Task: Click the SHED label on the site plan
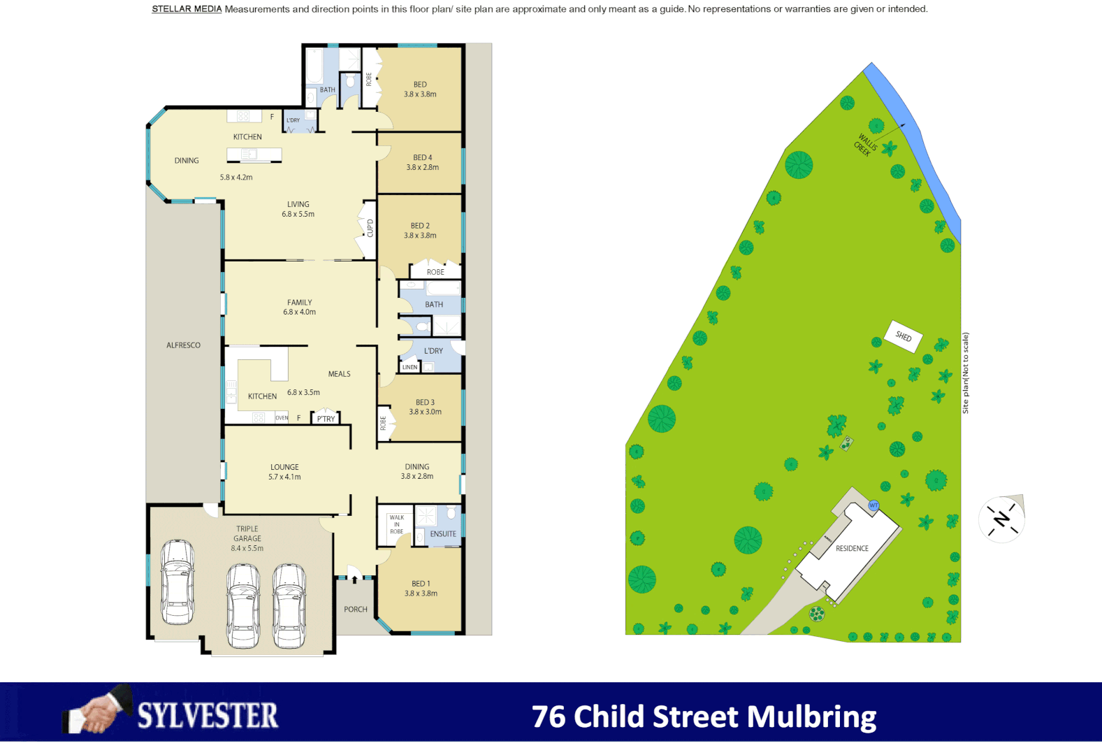click(904, 336)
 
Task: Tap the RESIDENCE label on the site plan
click(852, 548)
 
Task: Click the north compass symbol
click(1001, 519)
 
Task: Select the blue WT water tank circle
click(873, 505)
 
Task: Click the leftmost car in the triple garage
click(177, 582)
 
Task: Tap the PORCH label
click(355, 610)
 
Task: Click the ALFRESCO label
click(183, 345)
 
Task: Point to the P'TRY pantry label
click(326, 419)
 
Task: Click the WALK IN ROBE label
click(396, 524)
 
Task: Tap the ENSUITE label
click(443, 534)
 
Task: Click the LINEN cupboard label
click(409, 367)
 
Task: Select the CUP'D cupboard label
click(370, 228)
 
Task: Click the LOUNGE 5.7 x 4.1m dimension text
click(284, 477)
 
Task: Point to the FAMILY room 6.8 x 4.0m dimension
click(299, 312)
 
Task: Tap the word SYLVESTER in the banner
click(208, 717)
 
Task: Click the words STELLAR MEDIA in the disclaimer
click(187, 9)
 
